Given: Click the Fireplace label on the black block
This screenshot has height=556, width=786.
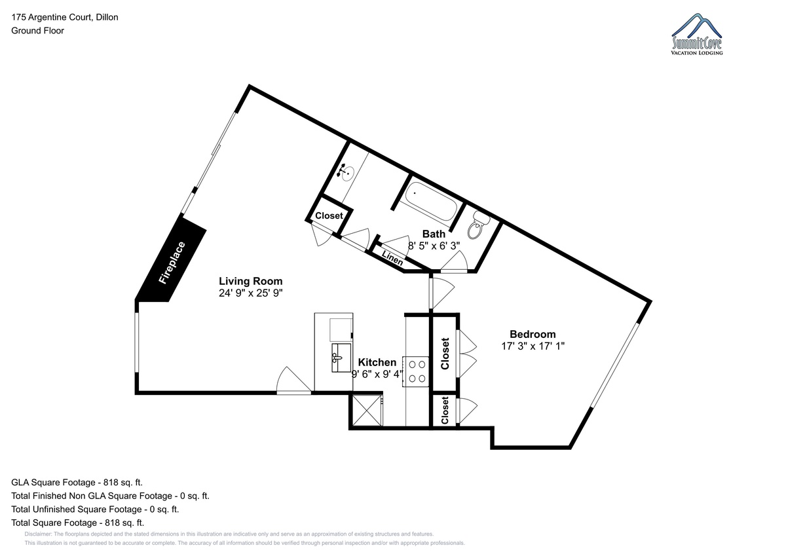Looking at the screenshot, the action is [172, 263].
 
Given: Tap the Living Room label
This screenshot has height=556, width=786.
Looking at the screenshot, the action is [250, 281].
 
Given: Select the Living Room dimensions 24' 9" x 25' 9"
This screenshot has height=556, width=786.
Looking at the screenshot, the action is [250, 293].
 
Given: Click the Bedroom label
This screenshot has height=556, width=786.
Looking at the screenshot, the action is [533, 334].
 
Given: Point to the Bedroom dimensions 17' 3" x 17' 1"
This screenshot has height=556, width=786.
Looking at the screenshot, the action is [533, 346].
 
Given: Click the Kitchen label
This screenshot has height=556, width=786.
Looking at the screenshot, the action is [377, 362].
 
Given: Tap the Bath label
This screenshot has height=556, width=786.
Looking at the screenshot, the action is [434, 234].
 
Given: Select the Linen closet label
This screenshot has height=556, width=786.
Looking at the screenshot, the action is [392, 258].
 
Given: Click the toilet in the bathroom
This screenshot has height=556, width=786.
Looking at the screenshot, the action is [477, 225].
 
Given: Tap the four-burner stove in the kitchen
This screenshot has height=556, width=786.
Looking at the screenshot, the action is [416, 371].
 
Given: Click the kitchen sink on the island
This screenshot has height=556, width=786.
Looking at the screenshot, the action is [341, 358].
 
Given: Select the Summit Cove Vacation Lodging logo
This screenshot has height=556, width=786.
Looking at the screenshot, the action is [696, 34].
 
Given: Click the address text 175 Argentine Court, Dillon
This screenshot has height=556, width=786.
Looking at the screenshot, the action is [65, 17].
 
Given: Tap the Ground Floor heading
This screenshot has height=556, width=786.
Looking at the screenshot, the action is [37, 31].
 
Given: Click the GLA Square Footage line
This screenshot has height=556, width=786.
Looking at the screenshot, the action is [77, 483].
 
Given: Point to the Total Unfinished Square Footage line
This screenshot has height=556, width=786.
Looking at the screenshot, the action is [95, 509].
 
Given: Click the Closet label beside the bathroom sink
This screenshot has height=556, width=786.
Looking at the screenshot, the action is [329, 215].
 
